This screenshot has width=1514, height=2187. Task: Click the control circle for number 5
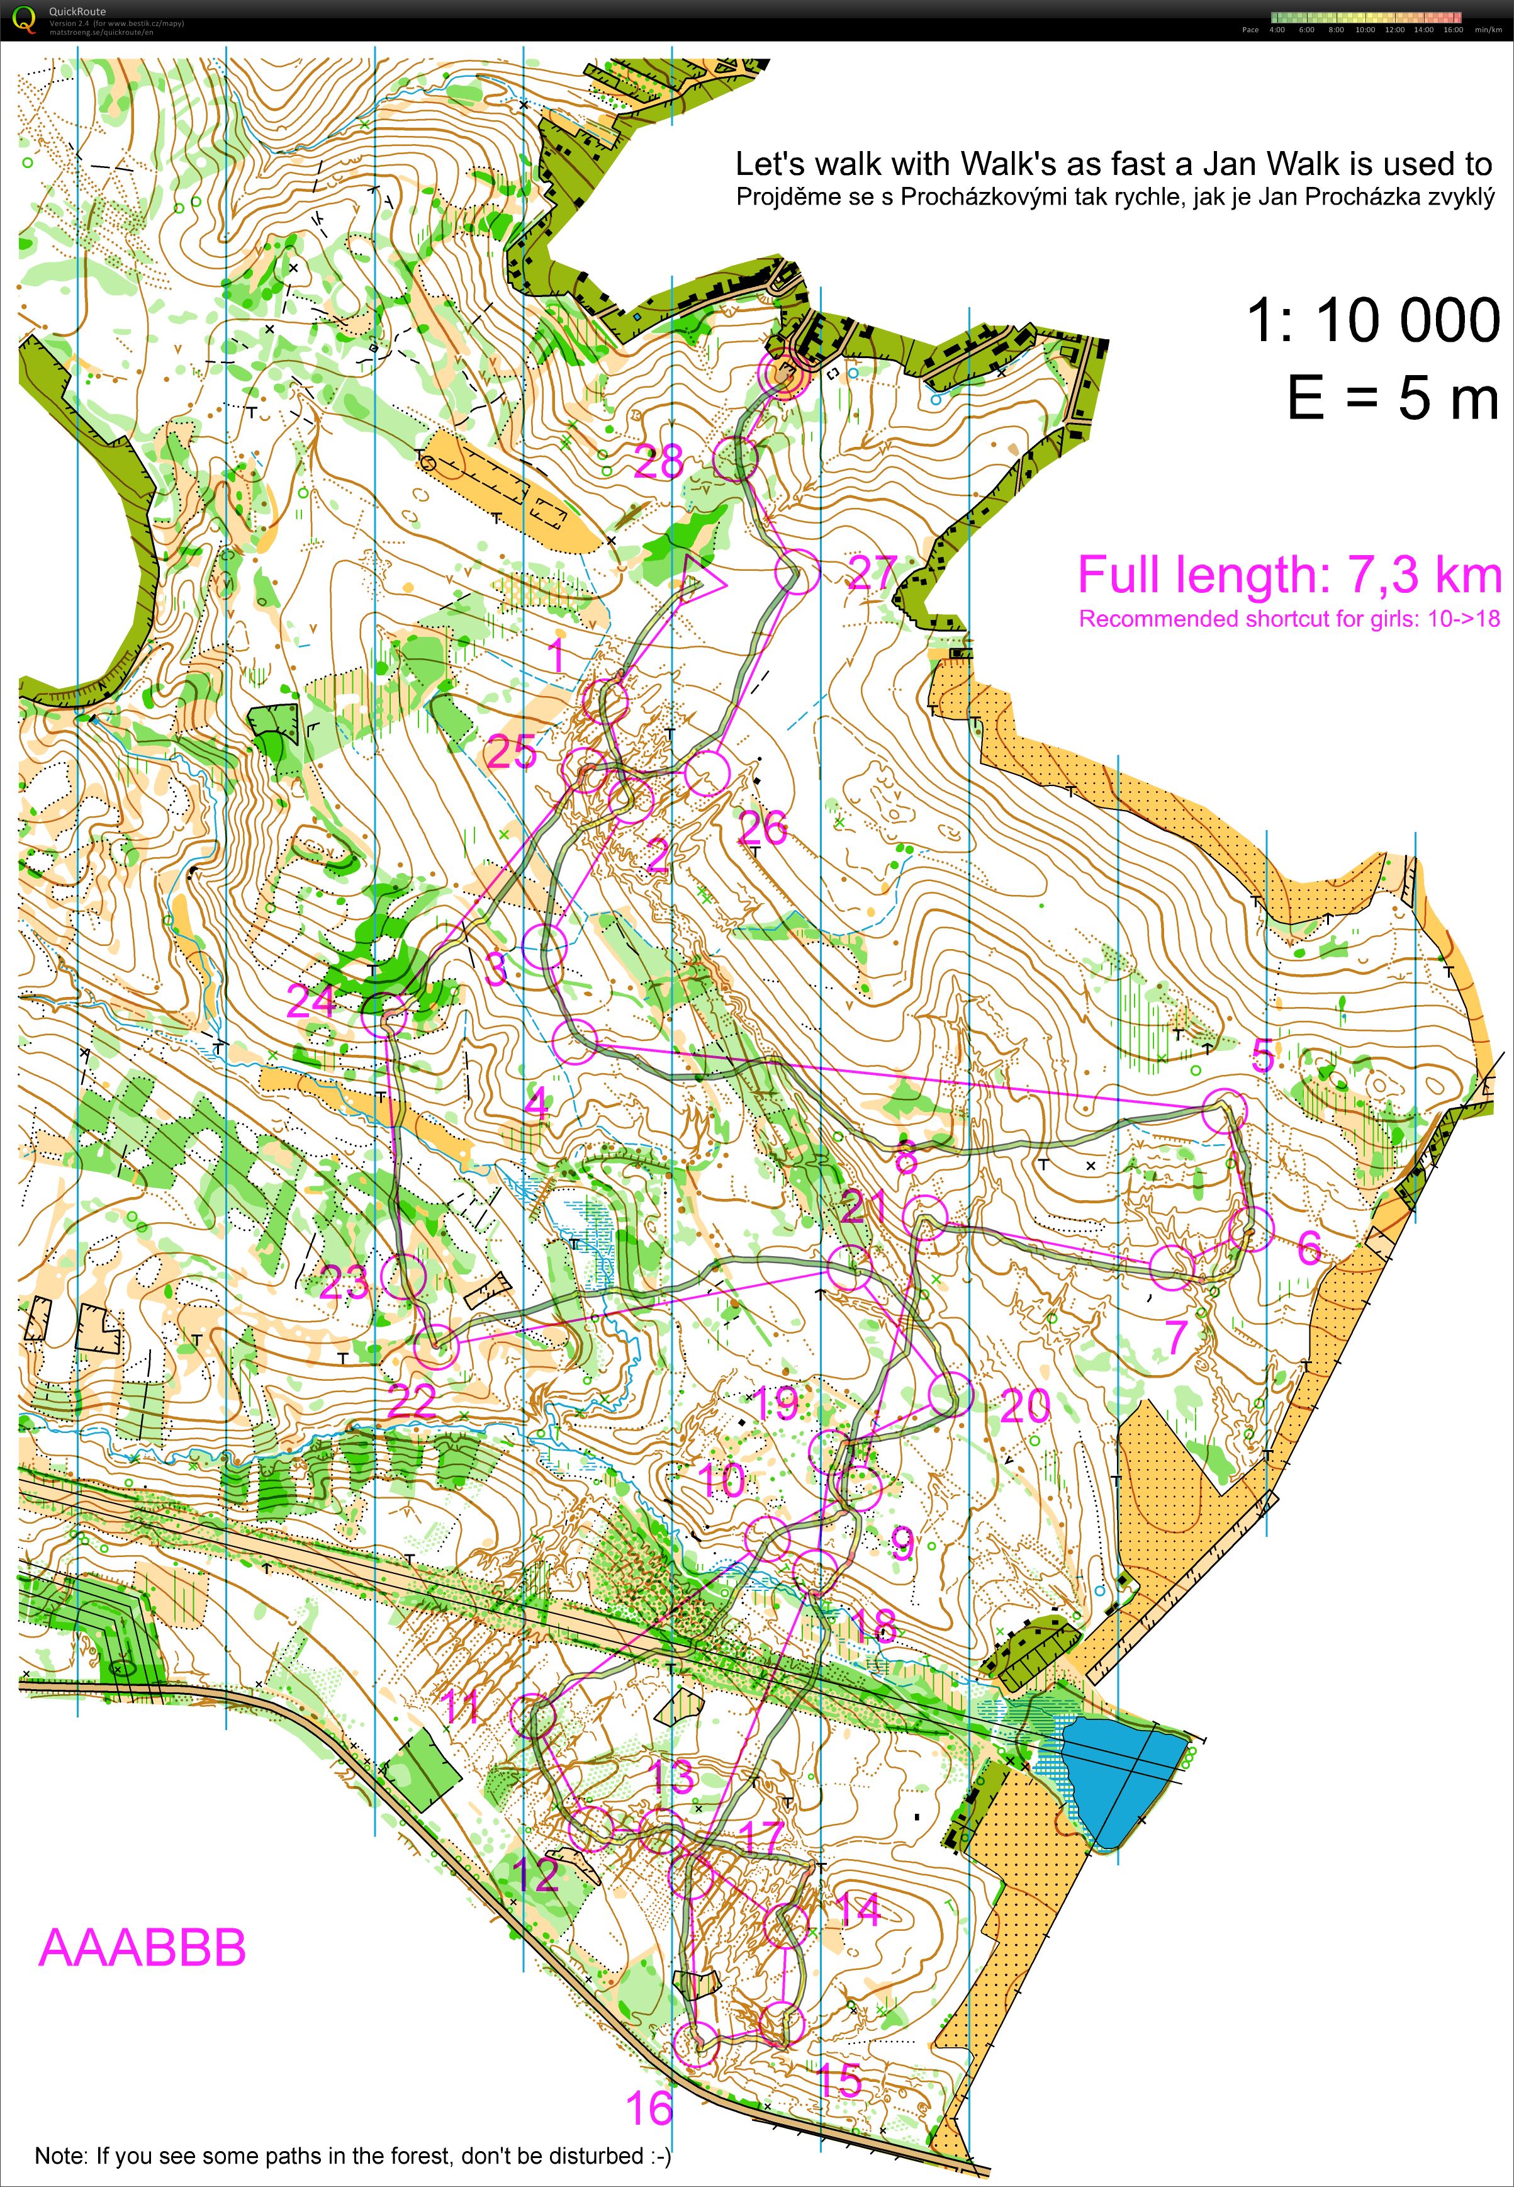(x=1225, y=1111)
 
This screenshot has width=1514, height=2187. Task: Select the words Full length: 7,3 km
(x=1288, y=575)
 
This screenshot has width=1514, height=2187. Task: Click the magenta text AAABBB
(x=142, y=1948)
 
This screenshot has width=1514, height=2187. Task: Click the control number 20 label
(x=1024, y=1406)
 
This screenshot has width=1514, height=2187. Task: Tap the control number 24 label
(x=311, y=1002)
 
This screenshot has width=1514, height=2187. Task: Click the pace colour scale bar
(x=1366, y=17)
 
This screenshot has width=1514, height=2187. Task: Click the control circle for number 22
(x=436, y=1346)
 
